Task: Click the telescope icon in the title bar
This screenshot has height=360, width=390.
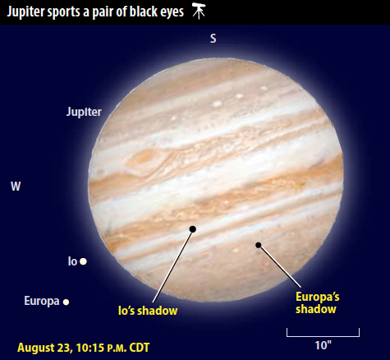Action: tap(199, 11)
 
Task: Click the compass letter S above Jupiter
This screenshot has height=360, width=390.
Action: tap(213, 39)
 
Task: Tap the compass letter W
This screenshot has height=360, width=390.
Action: tap(16, 187)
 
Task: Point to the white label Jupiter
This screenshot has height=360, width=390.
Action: tap(84, 112)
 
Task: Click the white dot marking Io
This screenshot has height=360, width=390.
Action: tap(83, 261)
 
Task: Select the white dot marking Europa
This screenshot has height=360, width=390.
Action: tap(66, 302)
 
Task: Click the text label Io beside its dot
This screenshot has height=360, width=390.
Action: tap(72, 261)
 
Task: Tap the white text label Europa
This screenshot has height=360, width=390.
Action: tap(42, 301)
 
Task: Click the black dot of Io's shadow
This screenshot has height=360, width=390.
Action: tap(193, 229)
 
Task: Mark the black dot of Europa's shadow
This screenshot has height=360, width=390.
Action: tap(259, 245)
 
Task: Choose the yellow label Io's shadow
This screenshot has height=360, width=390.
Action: tap(148, 311)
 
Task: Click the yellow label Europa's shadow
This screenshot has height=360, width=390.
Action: tap(318, 303)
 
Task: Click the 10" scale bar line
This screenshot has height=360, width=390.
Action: tap(323, 336)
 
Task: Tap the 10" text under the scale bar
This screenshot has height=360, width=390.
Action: tap(323, 345)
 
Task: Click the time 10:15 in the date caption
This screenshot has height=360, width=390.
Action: tap(90, 348)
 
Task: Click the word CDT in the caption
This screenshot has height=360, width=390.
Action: tap(140, 348)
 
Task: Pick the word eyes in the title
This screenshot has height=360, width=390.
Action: tap(172, 12)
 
